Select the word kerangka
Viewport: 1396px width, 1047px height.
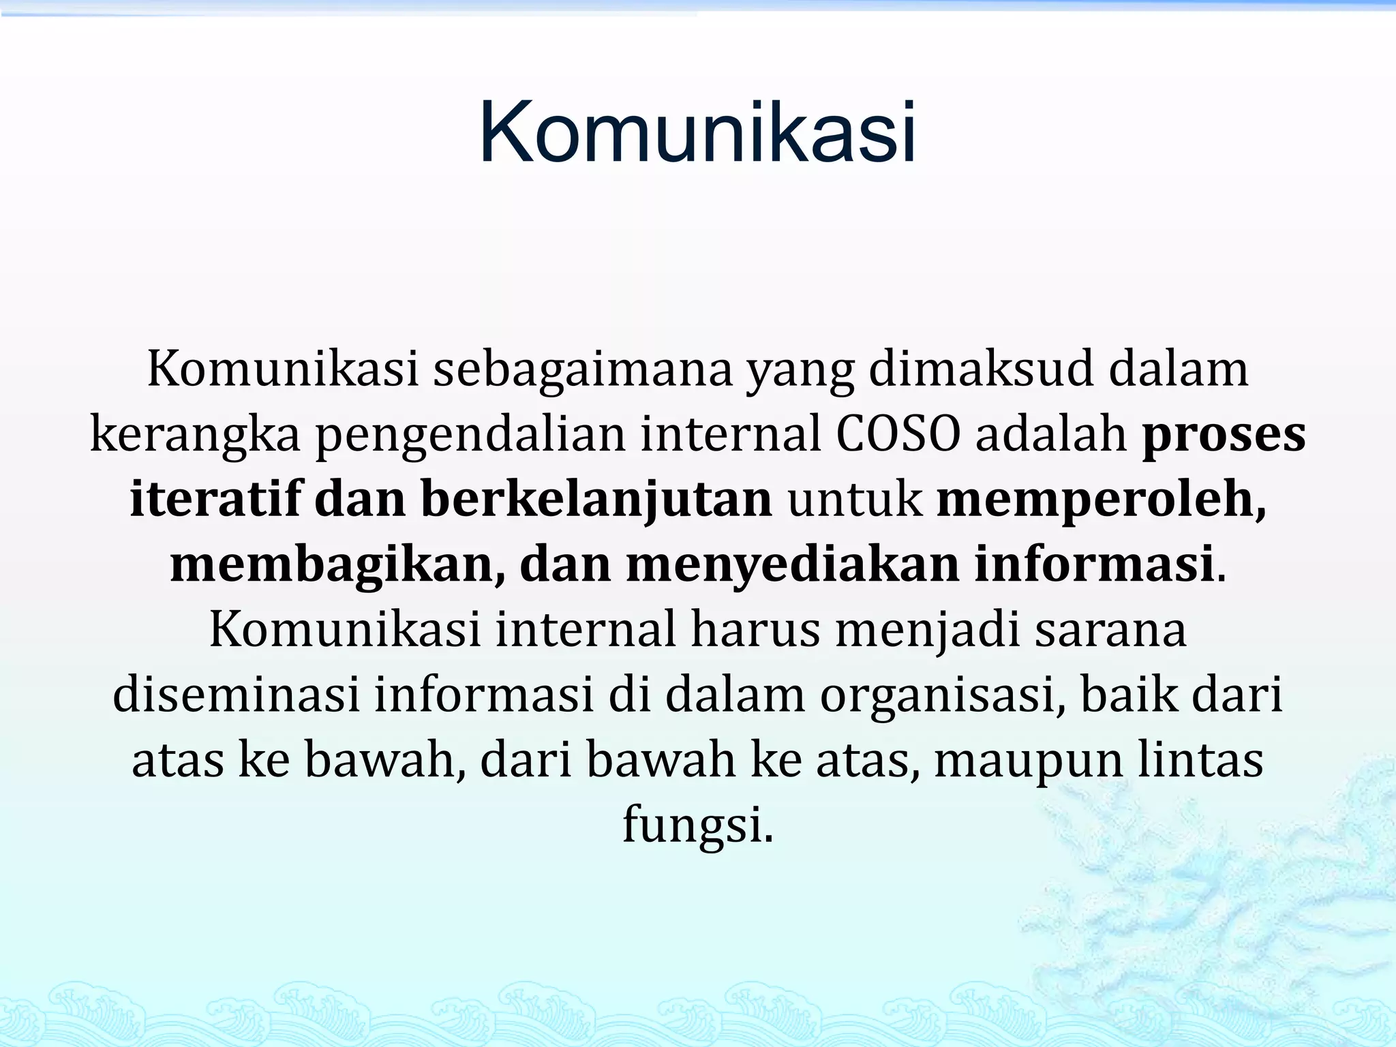click(x=195, y=435)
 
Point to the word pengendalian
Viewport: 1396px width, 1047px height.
click(x=470, y=435)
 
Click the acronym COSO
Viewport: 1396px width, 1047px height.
click(x=898, y=435)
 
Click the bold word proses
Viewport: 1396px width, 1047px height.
click(x=1224, y=435)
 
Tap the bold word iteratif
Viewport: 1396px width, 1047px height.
click(x=215, y=500)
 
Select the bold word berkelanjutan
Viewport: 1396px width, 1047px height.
click(x=596, y=500)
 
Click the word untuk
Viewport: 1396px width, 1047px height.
click(x=855, y=500)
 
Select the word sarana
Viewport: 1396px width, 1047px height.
click(x=1111, y=630)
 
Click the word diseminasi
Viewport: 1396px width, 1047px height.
click(x=236, y=695)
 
